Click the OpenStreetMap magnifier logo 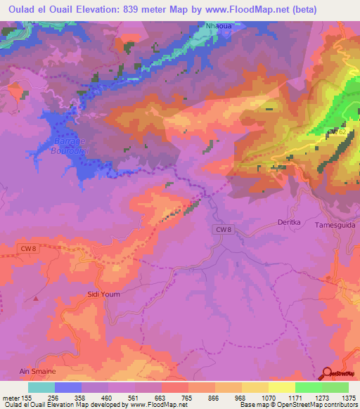point(328,373)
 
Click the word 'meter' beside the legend point(11,397)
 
